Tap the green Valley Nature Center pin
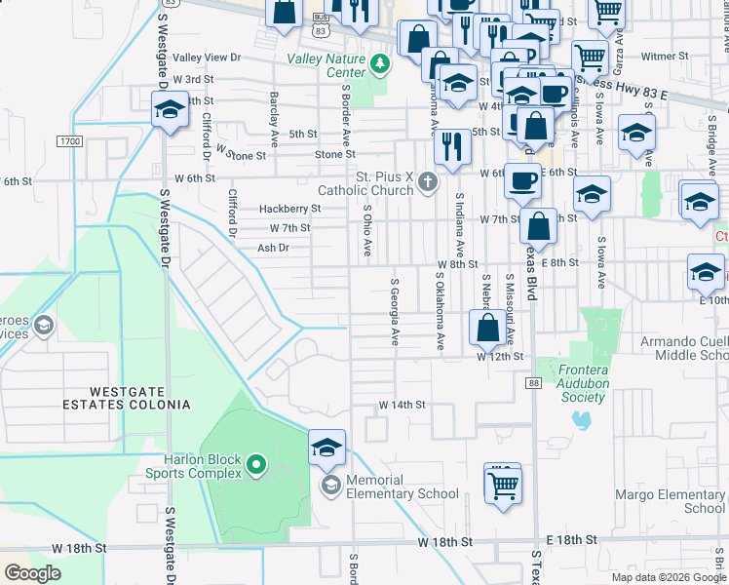[x=379, y=65]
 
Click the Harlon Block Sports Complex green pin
[x=256, y=466]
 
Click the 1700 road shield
[x=69, y=141]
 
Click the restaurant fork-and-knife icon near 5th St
[x=452, y=145]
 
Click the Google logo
[x=32, y=573]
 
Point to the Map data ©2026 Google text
[x=668, y=577]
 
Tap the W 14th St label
[x=403, y=405]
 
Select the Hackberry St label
[x=289, y=209]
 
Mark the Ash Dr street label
[x=273, y=248]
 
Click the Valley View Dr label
[x=207, y=58]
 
